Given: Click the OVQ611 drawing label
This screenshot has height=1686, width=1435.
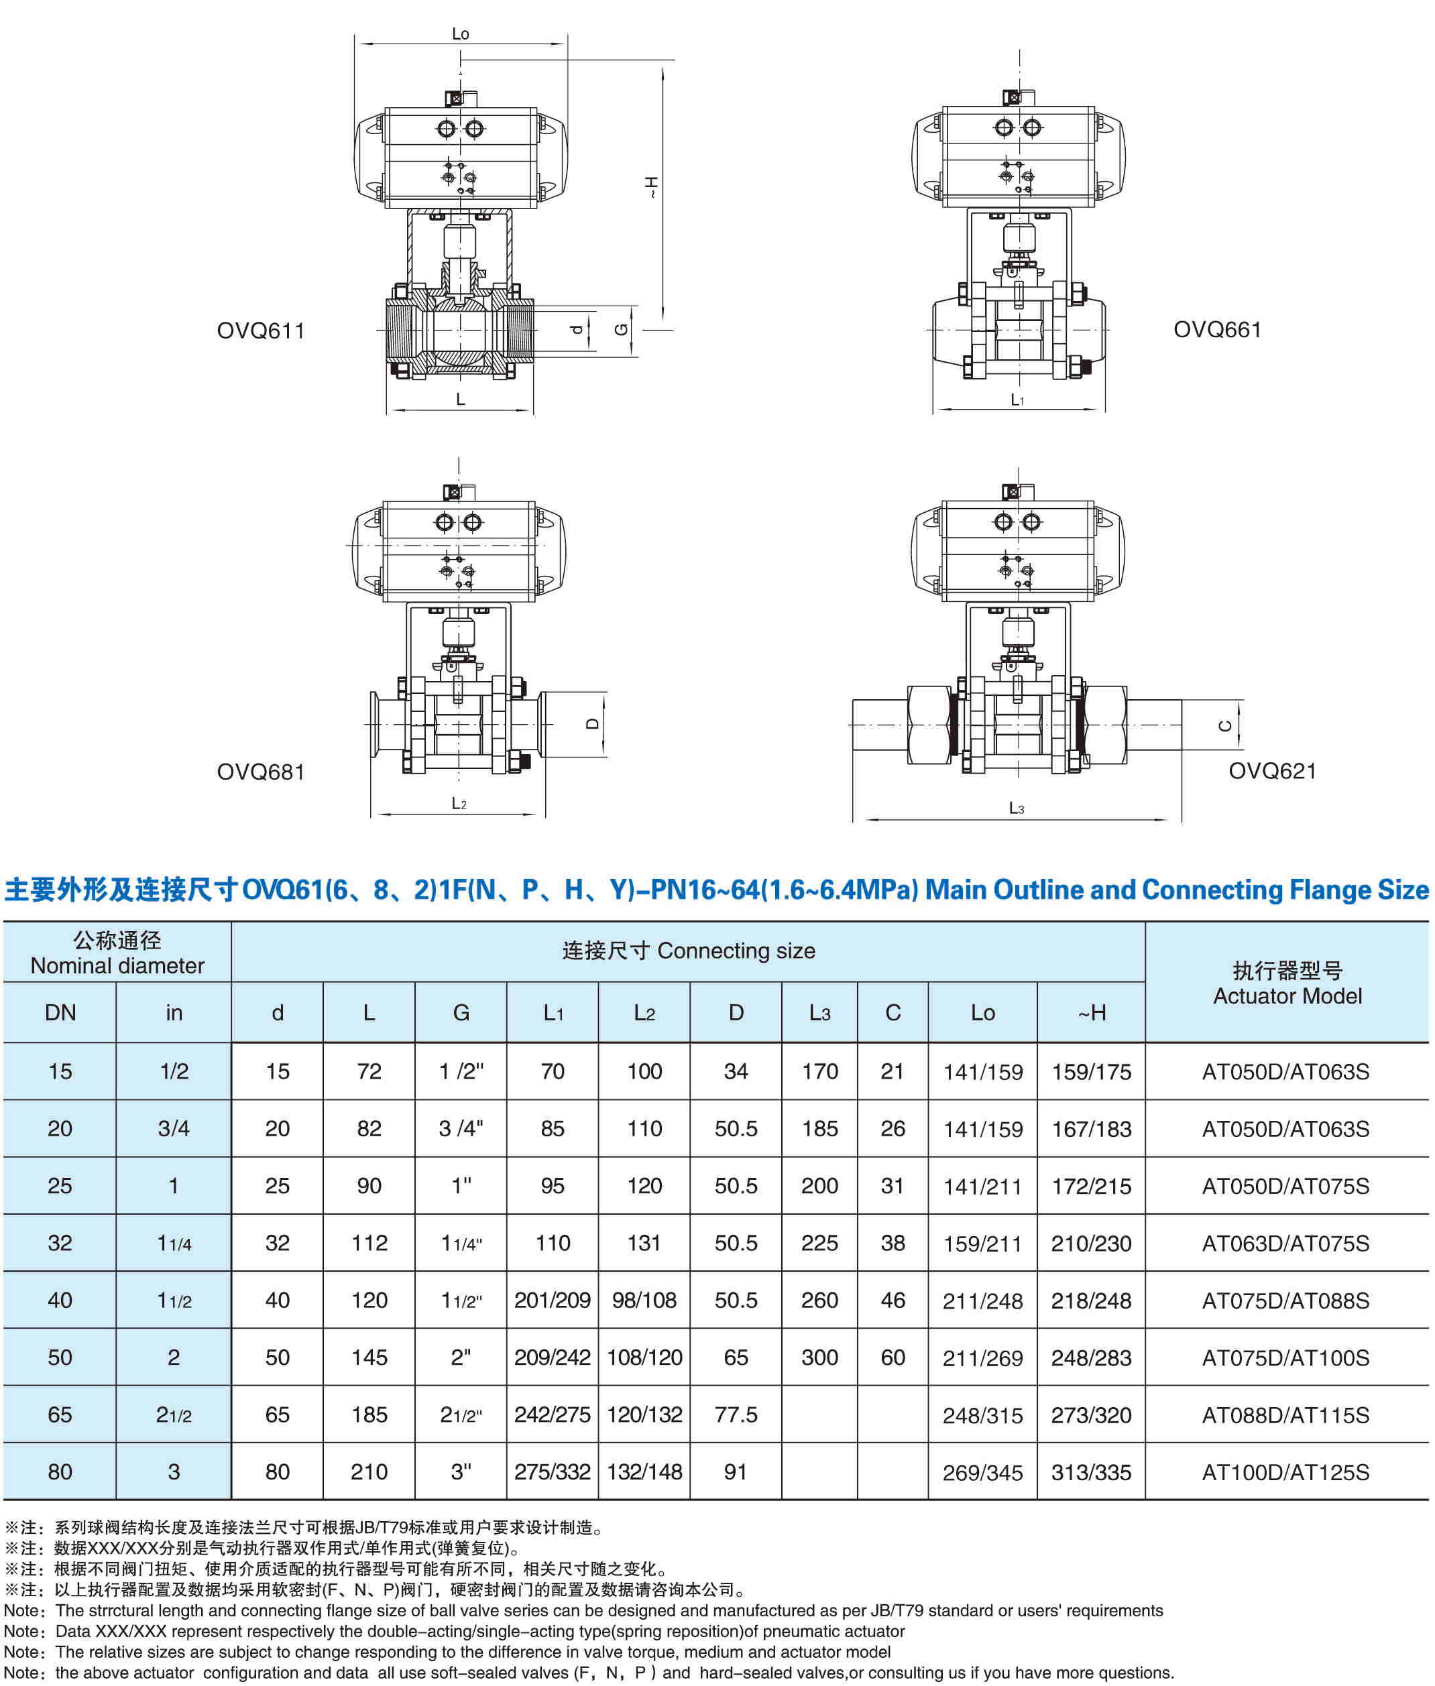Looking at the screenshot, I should coord(260,331).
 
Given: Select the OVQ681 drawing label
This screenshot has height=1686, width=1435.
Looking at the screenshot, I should coord(260,772).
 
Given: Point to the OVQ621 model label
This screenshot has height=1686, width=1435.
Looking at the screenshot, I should coord(1272,771).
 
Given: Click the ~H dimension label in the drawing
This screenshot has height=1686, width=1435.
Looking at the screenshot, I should coord(651,188).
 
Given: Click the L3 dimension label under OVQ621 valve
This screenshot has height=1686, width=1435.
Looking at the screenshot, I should coord(1016,808).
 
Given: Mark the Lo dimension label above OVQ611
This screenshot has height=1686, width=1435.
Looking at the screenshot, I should coord(461,34).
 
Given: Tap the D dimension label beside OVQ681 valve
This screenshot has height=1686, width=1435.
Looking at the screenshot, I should coord(593,724).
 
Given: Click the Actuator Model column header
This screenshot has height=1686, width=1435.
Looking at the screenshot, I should coord(1287,983).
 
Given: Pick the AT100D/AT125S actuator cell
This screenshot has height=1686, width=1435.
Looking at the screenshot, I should coord(1285,1472).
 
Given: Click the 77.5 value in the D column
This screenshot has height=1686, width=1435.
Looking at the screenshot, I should coord(736,1415).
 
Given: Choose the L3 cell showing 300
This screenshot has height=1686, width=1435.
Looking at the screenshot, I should coord(819,1358).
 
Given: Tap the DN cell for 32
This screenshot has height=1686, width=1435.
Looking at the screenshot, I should coord(60,1243).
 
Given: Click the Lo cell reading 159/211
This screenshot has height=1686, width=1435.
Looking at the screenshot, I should coord(982,1244).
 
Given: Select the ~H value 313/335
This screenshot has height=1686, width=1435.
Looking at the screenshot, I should coord(1091,1472).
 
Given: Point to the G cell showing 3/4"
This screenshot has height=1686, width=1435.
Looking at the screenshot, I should coord(461,1129).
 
